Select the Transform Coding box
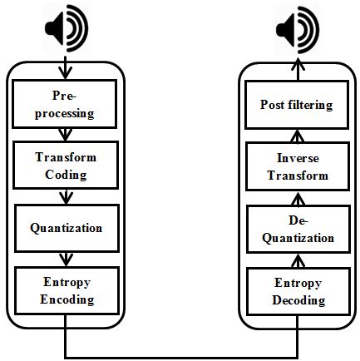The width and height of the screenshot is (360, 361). [x=65, y=166]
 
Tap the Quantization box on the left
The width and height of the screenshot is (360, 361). [x=65, y=228]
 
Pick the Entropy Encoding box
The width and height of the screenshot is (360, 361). [x=65, y=290]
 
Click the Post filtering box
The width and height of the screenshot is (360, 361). [x=297, y=105]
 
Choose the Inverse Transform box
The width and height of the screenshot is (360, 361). [x=297, y=167]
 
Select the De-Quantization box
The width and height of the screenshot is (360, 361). [x=297, y=230]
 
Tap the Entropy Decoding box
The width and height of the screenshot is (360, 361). [x=297, y=292]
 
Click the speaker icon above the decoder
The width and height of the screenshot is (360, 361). [x=297, y=30]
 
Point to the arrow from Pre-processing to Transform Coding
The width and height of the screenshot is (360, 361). [x=65, y=134]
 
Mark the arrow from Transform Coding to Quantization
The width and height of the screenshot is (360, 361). [x=65, y=196]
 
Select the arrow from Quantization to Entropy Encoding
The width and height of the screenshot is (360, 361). [x=65, y=259]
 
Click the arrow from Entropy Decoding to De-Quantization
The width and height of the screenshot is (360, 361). [x=297, y=260]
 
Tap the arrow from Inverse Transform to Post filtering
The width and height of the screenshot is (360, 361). [x=297, y=136]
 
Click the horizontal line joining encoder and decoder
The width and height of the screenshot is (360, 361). [x=180, y=355]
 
